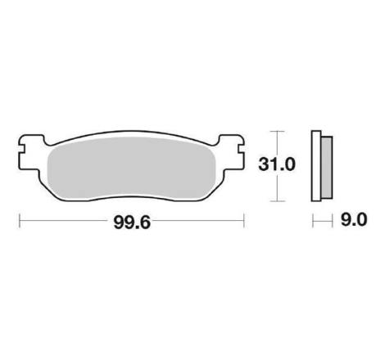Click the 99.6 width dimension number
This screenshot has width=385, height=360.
[132, 223]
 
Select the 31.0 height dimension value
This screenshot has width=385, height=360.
[277, 164]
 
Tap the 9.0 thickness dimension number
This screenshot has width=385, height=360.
[354, 220]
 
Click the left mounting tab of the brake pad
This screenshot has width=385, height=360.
[30, 154]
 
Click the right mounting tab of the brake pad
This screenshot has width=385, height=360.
[231, 153]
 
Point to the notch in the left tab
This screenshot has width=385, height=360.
[22, 149]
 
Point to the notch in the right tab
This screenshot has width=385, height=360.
[241, 149]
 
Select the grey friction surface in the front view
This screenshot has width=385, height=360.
[132, 168]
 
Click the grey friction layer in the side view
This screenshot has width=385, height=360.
[327, 167]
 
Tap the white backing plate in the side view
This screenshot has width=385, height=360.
[316, 166]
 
